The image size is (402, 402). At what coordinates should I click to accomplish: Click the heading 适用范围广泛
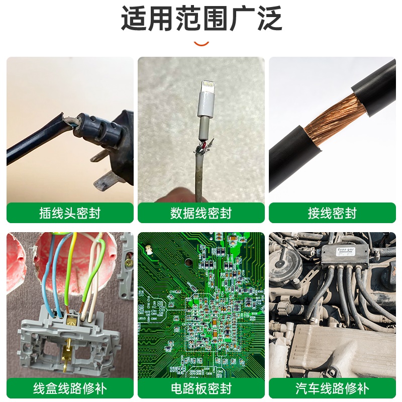[x=201, y=19]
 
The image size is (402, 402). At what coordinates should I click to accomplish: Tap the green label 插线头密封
[x=70, y=213]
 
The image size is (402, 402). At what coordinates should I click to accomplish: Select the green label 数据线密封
[x=201, y=213]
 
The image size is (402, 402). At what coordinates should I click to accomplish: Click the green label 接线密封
[x=332, y=213]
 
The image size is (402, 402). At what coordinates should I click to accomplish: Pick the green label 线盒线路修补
[x=70, y=388]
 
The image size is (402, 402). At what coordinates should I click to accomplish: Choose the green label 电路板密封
[x=201, y=388]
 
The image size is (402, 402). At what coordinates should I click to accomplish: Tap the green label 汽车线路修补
[x=332, y=388]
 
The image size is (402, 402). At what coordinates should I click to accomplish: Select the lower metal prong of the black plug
[x=108, y=179]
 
